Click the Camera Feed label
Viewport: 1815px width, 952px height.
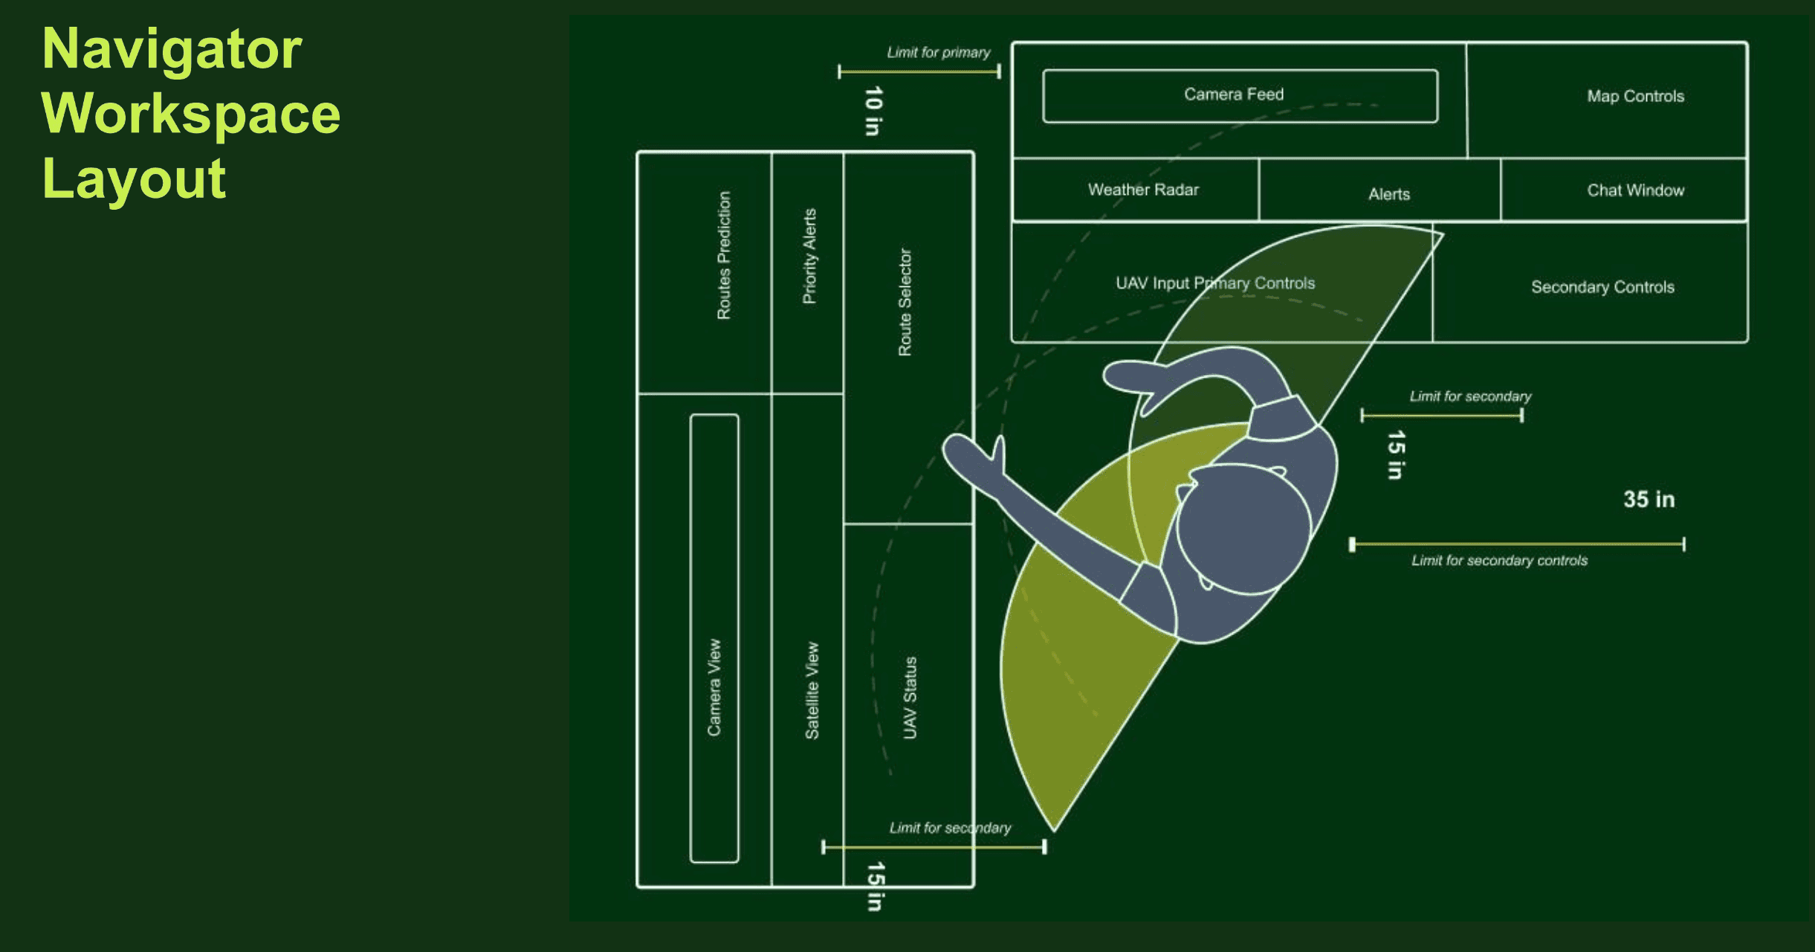[1234, 94]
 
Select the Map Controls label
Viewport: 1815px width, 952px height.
[1635, 96]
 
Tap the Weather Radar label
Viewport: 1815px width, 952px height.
[1143, 190]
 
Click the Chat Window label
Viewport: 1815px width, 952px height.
[1635, 190]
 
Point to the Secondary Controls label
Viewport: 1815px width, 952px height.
[1602, 287]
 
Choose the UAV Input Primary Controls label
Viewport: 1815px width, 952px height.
[1214, 283]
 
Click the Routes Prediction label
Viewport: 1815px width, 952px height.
[724, 255]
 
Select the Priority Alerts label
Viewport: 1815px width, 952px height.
[809, 256]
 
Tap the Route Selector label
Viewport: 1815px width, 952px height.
[905, 302]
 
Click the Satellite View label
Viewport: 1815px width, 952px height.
[812, 690]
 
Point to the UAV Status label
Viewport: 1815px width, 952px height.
[910, 698]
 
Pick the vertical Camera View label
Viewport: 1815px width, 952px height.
[714, 687]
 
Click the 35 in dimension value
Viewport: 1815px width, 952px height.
[1649, 499]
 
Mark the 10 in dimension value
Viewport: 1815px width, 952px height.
[873, 111]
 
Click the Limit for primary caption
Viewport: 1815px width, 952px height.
[938, 53]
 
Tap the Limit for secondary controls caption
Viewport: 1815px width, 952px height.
[1499, 561]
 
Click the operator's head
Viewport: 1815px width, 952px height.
[1243, 529]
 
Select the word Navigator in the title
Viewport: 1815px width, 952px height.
[172, 49]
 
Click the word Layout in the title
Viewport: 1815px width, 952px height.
[134, 178]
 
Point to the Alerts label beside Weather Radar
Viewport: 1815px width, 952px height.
[1388, 194]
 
